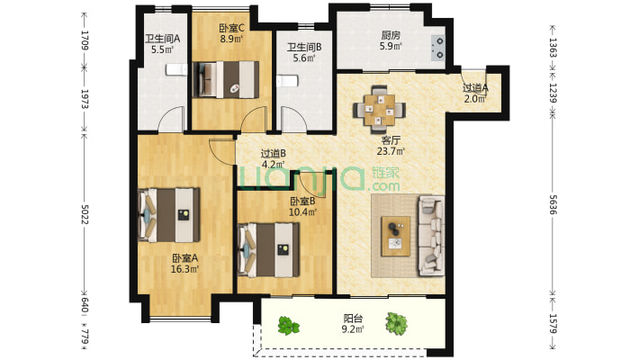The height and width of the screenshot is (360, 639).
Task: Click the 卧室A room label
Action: click(x=184, y=258)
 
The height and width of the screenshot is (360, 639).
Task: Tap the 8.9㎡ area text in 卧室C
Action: click(x=231, y=39)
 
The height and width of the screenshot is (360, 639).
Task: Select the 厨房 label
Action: click(x=391, y=35)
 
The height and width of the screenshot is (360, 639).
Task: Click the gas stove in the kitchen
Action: click(x=438, y=48)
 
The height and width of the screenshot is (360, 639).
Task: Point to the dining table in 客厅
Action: click(x=379, y=110)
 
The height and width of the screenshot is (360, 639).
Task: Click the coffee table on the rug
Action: click(x=395, y=237)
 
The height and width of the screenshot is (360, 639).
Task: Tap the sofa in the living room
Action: click(x=432, y=236)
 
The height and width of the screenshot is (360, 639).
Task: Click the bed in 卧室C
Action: click(x=225, y=79)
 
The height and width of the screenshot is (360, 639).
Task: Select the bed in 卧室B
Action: click(x=268, y=249)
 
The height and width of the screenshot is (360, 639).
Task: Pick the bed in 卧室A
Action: click(x=169, y=215)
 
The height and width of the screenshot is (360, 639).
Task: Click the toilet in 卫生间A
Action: click(x=176, y=69)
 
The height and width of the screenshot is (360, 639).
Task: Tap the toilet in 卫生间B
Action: click(x=287, y=81)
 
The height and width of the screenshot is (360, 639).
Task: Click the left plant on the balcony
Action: click(x=289, y=326)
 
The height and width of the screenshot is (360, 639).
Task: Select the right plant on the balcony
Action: click(x=396, y=324)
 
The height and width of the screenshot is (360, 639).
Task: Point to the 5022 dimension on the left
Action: click(x=85, y=214)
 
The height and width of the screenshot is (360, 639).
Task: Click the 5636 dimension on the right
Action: click(x=553, y=204)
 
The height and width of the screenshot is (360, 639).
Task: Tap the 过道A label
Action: click(x=475, y=87)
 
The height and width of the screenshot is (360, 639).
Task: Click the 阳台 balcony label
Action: click(x=353, y=319)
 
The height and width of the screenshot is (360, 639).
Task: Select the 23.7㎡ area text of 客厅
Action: click(x=391, y=151)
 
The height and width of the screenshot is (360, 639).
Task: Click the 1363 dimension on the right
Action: click(x=553, y=48)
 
